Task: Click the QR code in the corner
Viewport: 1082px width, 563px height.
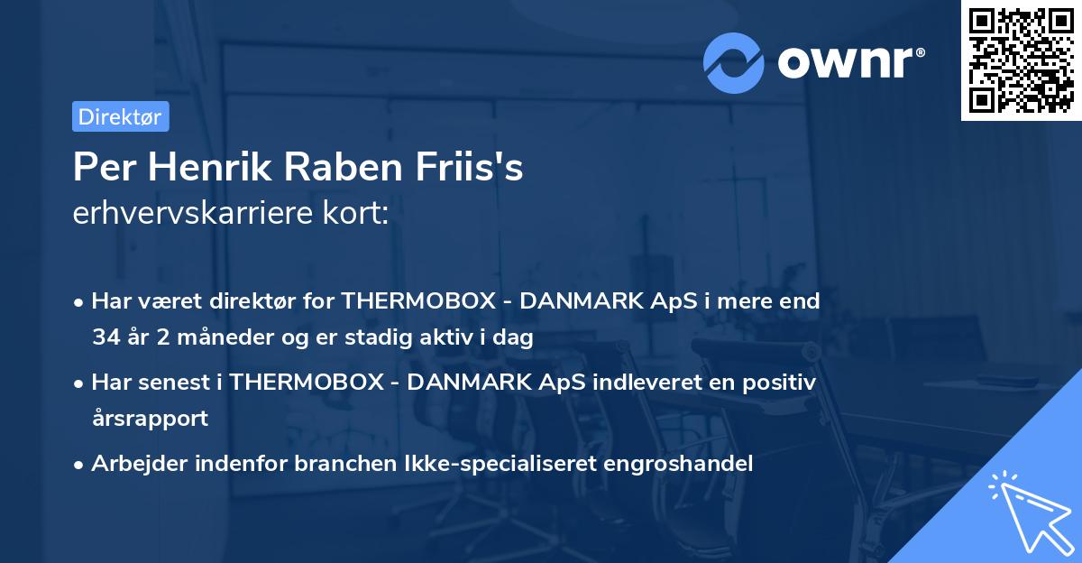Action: [x=1021, y=60]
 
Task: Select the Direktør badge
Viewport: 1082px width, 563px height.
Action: [x=120, y=116]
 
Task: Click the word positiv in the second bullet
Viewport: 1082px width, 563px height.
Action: [x=781, y=383]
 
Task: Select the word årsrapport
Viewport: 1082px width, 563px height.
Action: [x=150, y=419]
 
